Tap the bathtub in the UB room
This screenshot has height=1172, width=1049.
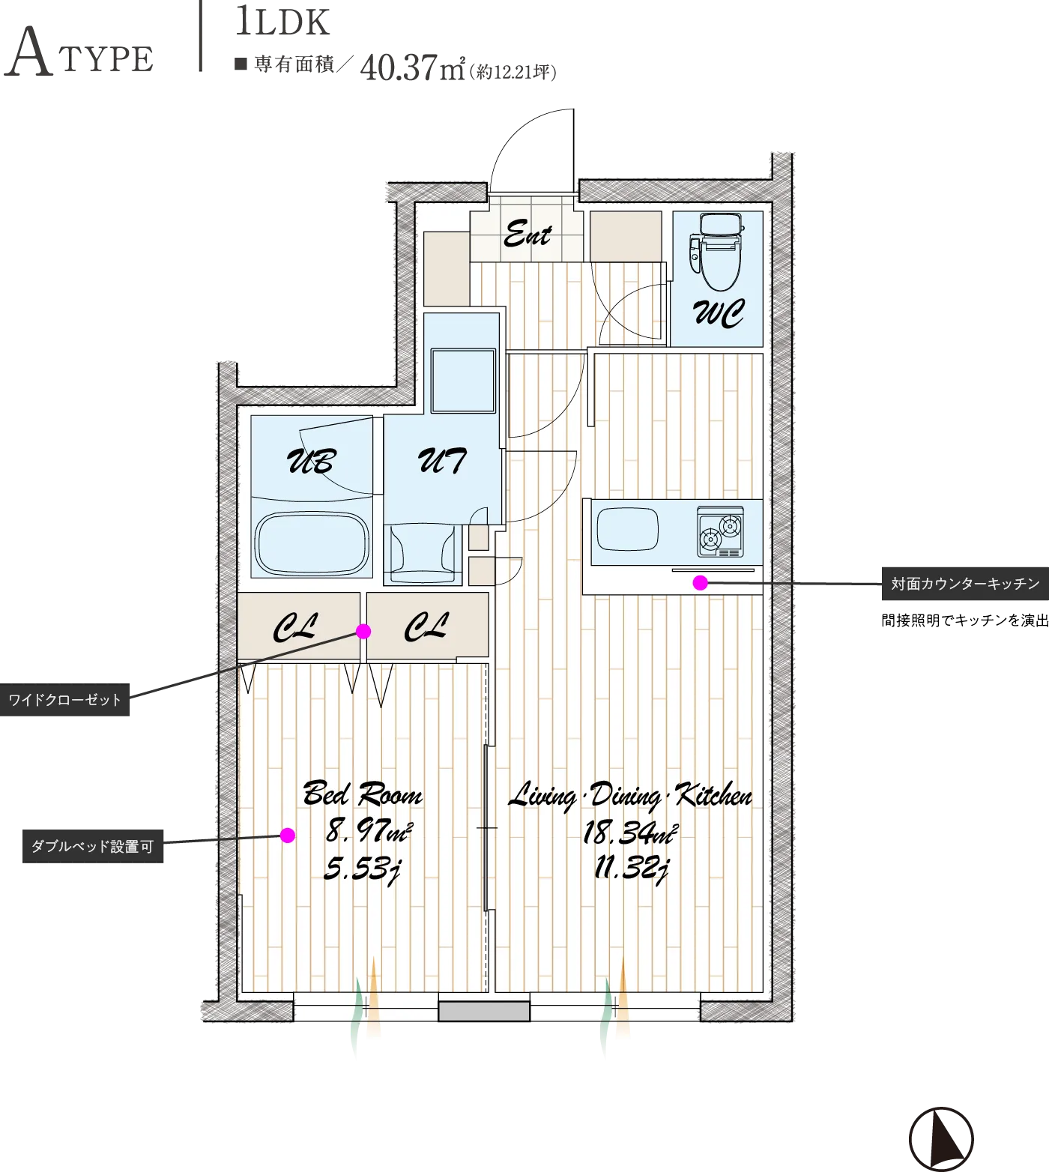coord(312,545)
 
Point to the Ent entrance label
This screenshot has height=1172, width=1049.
coord(527,235)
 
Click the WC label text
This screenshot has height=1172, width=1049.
coord(719,313)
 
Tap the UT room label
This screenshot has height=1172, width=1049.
coord(442,460)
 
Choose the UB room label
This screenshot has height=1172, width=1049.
coord(311,461)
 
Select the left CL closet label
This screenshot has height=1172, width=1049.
coord(295,627)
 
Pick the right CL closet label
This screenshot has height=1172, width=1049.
coord(426,627)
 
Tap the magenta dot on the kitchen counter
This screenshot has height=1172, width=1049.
coord(700,582)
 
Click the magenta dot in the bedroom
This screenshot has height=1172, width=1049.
coord(287,835)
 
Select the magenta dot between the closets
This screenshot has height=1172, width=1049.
coord(363,631)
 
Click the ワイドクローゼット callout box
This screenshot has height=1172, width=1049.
coord(64,700)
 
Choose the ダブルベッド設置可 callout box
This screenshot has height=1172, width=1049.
coord(93,847)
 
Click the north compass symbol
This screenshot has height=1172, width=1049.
coord(941,1139)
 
